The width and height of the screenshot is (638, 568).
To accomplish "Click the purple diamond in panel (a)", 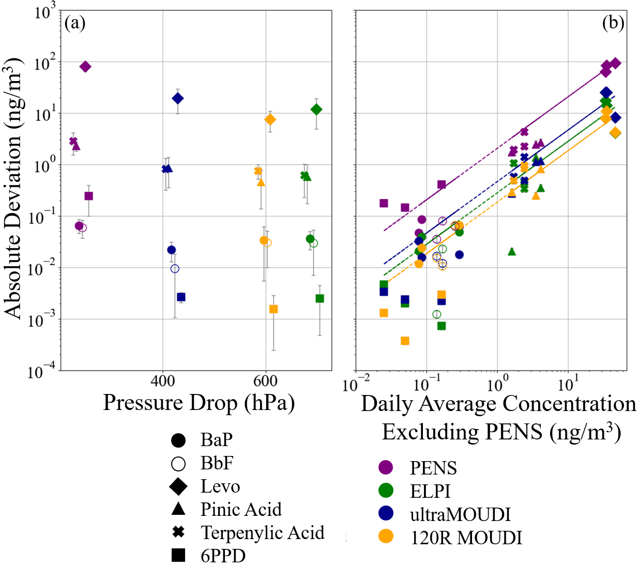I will pyautogui.click(x=85, y=67).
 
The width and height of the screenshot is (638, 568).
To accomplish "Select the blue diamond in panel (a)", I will pyautogui.click(x=177, y=98).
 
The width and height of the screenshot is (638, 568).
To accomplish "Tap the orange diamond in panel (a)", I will pyautogui.click(x=270, y=120).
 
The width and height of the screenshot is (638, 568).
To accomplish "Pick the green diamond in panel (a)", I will pyautogui.click(x=316, y=109).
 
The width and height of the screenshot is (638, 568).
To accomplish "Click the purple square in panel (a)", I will pyautogui.click(x=88, y=196).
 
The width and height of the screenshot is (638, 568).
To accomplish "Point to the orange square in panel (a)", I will pyautogui.click(x=274, y=309).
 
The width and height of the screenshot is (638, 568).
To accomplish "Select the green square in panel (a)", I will pyautogui.click(x=320, y=298).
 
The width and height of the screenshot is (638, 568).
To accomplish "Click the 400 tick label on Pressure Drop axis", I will pyautogui.click(x=163, y=381).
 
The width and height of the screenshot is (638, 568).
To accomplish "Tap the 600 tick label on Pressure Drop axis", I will pyautogui.click(x=266, y=381).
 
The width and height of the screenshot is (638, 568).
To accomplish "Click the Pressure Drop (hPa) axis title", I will pyautogui.click(x=199, y=403).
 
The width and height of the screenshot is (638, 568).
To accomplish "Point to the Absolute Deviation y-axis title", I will pyautogui.click(x=13, y=188).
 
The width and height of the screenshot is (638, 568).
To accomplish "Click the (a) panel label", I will pyautogui.click(x=75, y=23).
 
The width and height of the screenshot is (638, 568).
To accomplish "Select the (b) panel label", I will pyautogui.click(x=613, y=23).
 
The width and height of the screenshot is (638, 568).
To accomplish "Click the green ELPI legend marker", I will pyautogui.click(x=386, y=491).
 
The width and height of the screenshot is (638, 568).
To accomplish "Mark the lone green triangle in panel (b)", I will pyautogui.click(x=512, y=251).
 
